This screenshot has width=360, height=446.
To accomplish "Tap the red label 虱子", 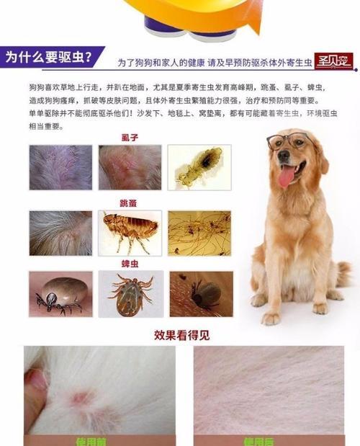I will click(x=130, y=137).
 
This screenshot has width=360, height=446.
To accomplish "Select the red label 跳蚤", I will click(x=130, y=204).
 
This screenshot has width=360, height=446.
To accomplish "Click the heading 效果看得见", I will click(x=180, y=335).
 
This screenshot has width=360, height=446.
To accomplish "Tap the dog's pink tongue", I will click(x=287, y=175).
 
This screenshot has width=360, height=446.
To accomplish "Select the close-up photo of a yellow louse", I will click(x=199, y=167).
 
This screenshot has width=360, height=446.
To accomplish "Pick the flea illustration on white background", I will click(x=130, y=231).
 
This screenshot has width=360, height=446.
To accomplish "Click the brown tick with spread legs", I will click(x=130, y=294).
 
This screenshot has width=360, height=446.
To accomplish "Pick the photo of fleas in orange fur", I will click(x=199, y=231).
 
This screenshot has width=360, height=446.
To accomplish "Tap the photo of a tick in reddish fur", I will click(x=201, y=294).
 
